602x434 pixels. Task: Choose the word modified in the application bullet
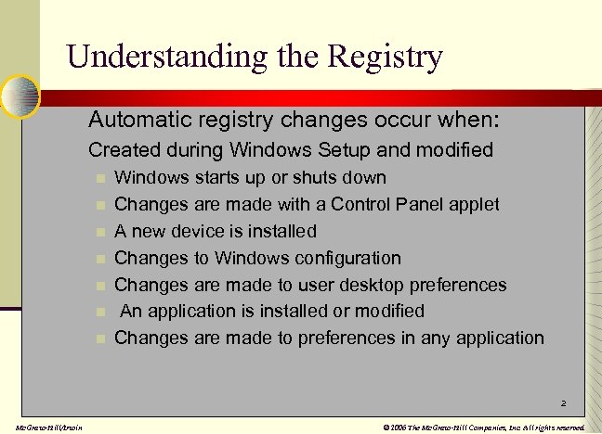(386, 311)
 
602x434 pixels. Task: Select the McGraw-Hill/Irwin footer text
(43, 427)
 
